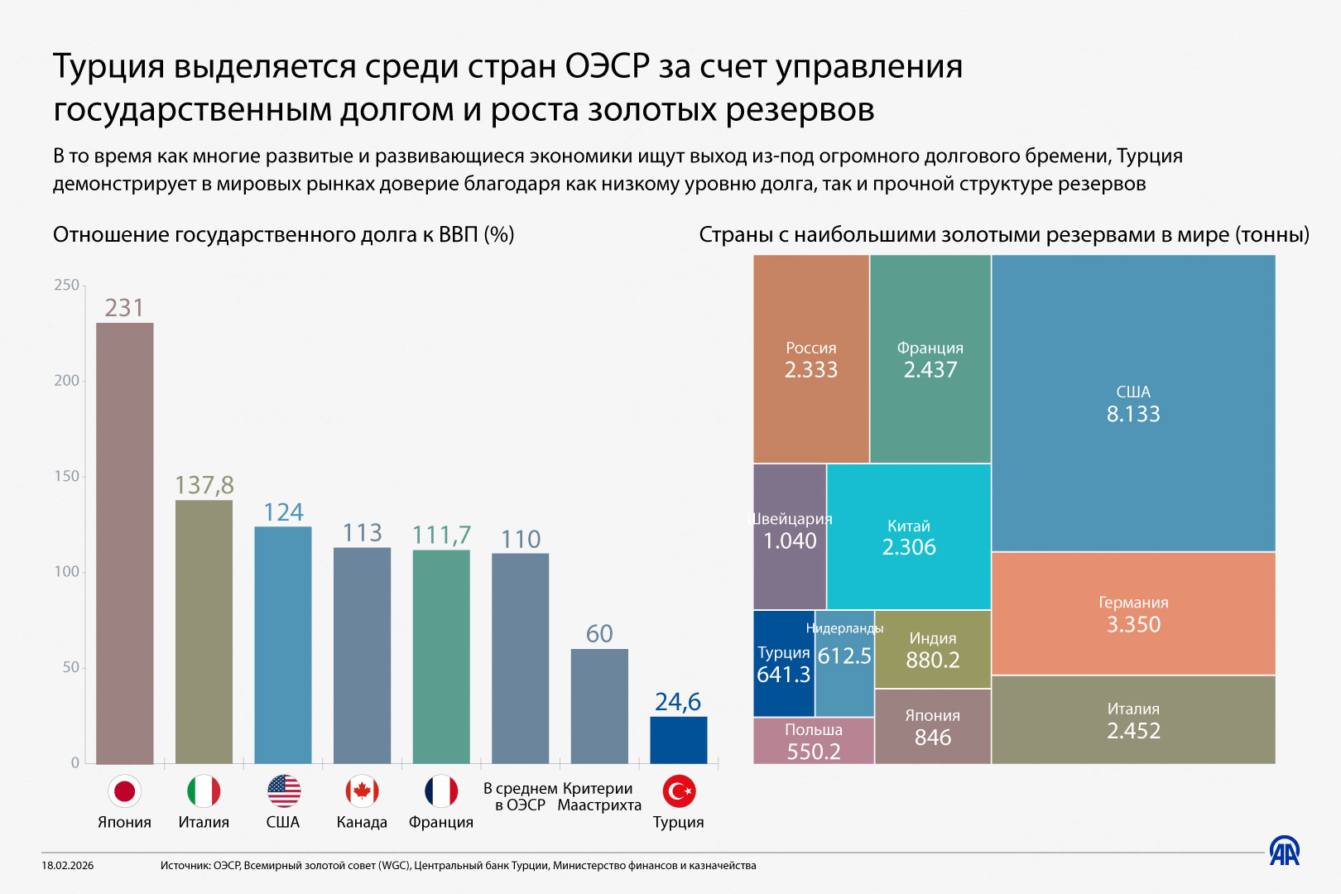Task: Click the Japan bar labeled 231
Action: [x=124, y=542]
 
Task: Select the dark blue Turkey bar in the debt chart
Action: [x=678, y=739]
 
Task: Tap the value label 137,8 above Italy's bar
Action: [x=204, y=484]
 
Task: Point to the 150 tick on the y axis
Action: [x=66, y=476]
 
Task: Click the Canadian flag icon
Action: [x=362, y=791]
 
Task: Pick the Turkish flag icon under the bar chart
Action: [x=679, y=791]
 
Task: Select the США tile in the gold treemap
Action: [x=1132, y=402]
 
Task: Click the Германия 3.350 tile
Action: [x=1132, y=613]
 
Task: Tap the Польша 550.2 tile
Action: [x=813, y=741]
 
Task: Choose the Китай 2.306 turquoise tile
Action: [x=908, y=536]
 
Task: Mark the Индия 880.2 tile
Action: [x=932, y=650]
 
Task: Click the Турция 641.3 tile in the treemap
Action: [x=783, y=664]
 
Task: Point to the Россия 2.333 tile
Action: [x=810, y=358]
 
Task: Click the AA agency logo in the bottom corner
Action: [x=1284, y=851]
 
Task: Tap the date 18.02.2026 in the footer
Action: [x=68, y=865]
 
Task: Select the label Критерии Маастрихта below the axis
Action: [x=598, y=796]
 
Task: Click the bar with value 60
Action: [x=598, y=705]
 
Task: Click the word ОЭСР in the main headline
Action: [x=608, y=66]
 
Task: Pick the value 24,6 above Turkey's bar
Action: [x=677, y=701]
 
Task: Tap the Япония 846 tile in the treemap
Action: [x=932, y=727]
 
